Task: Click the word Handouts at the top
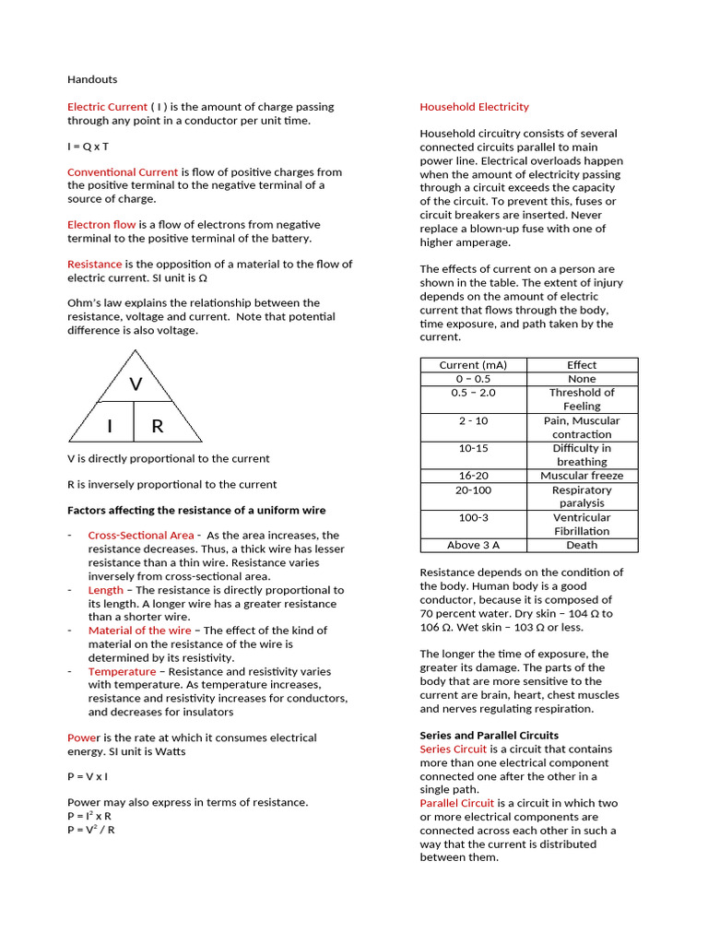[x=92, y=80]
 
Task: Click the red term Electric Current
[x=107, y=107]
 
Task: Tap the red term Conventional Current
[x=123, y=172]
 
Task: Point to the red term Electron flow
[x=101, y=225]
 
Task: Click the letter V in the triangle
[x=136, y=383]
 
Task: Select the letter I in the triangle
[x=109, y=426]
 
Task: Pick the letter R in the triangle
[x=158, y=426]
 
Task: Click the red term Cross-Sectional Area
[x=141, y=536]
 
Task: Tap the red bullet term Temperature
[x=122, y=672]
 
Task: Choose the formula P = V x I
[x=88, y=777]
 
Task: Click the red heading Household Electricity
[x=474, y=107]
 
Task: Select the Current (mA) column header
[x=473, y=365]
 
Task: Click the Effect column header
[x=582, y=365]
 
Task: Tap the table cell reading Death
[x=582, y=545]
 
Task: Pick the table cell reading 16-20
[x=473, y=476]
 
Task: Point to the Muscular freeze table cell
[x=582, y=476]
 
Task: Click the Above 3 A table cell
[x=473, y=545]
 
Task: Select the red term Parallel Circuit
[x=457, y=804]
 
